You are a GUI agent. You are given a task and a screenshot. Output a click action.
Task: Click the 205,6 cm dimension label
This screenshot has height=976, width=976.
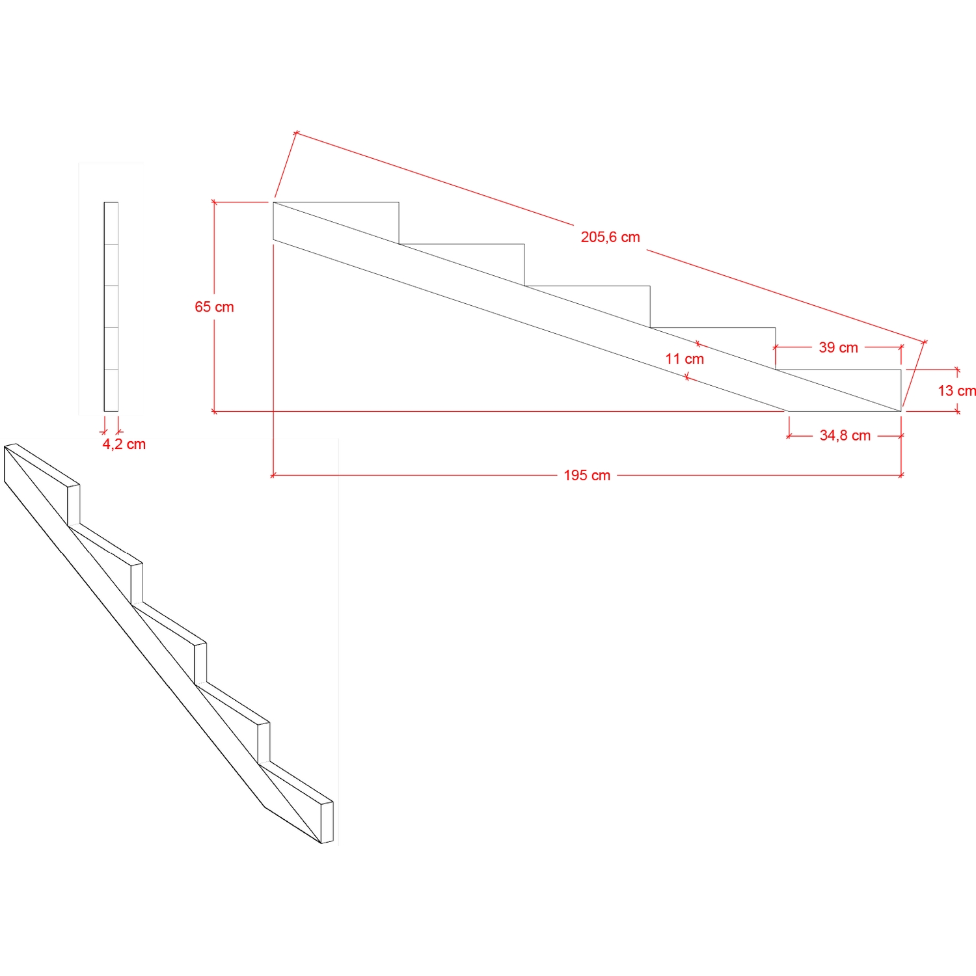pyautogui.click(x=610, y=237)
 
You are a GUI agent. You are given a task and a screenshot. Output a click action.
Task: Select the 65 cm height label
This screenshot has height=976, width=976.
pyautogui.click(x=214, y=306)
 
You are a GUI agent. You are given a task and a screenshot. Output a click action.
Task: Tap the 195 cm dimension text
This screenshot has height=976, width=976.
pyautogui.click(x=587, y=475)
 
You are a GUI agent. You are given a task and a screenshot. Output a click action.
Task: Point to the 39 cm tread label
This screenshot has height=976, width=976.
pyautogui.click(x=838, y=347)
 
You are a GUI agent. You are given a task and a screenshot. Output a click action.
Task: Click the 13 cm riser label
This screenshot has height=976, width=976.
pyautogui.click(x=956, y=390)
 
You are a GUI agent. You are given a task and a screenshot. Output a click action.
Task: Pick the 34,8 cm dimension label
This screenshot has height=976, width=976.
pyautogui.click(x=845, y=435)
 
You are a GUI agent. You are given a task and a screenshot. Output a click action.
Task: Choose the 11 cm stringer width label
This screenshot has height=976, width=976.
pyautogui.click(x=685, y=359)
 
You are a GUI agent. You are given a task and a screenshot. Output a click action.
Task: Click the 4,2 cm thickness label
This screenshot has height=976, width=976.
pyautogui.click(x=124, y=444)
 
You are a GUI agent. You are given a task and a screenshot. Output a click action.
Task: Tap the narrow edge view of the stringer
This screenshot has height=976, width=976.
pyautogui.click(x=111, y=306)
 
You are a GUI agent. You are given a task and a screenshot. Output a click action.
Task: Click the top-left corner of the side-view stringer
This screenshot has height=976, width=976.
pyautogui.click(x=273, y=202)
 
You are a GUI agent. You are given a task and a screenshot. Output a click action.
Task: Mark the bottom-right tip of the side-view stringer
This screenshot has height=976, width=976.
pyautogui.click(x=901, y=411)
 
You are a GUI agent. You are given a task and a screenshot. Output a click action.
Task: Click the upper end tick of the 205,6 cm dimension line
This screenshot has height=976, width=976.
pyautogui.click(x=296, y=133)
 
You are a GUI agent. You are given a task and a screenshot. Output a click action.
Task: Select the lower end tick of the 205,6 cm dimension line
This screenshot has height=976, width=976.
pyautogui.click(x=925, y=341)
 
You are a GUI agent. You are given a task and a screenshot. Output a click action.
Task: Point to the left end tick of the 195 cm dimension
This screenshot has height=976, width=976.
pyautogui.click(x=273, y=476)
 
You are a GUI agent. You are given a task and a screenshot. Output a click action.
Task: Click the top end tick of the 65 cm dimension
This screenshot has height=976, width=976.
pyautogui.click(x=214, y=202)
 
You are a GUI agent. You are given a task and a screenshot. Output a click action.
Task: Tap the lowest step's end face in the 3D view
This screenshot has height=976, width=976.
pyautogui.click(x=327, y=822)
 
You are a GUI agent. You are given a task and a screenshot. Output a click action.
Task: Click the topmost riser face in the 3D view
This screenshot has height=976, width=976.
pyautogui.click(x=74, y=505)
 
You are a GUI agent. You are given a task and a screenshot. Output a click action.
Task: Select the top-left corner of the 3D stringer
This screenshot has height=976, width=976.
pyautogui.click(x=5, y=446)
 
